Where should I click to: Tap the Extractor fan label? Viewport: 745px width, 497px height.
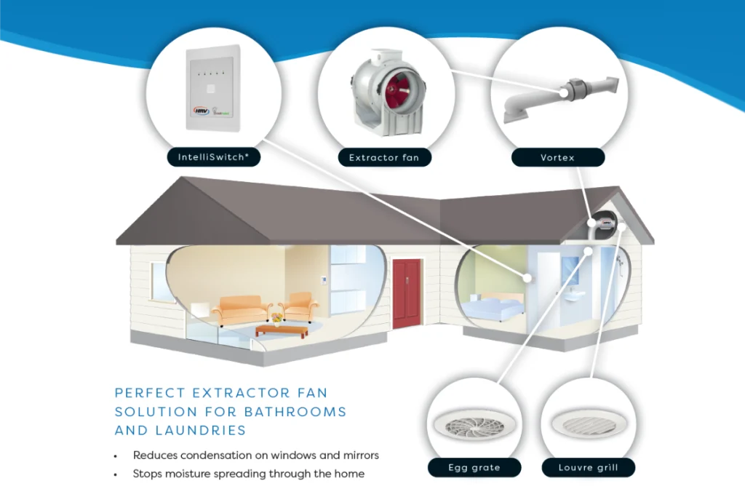[x=383, y=157]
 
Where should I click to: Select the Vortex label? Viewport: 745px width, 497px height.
[x=557, y=157]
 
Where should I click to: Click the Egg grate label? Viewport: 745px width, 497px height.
[x=474, y=467]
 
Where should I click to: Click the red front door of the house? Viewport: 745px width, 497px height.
[x=407, y=293]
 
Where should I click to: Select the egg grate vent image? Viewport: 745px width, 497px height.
[x=473, y=425]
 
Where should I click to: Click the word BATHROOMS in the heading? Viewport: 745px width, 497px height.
[x=295, y=412]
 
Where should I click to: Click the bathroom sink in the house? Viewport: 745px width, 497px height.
[x=576, y=297]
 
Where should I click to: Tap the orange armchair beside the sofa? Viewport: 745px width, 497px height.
[x=299, y=306]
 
